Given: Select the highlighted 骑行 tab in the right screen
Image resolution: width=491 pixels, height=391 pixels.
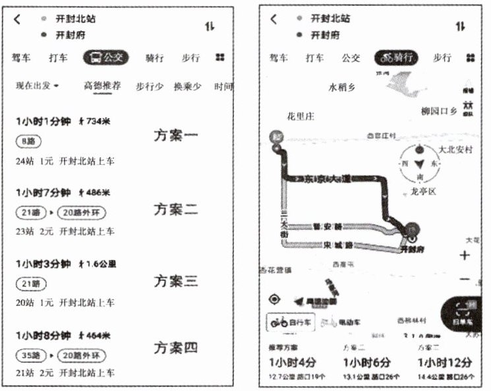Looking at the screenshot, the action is click(x=397, y=57).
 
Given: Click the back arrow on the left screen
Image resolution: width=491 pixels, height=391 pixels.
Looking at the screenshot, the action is click(x=17, y=19).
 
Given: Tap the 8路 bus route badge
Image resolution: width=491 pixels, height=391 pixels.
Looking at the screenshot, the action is click(x=26, y=142).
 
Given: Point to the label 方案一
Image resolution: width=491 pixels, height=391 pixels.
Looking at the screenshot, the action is click(x=175, y=136).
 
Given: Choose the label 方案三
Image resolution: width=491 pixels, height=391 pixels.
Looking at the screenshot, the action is click(x=175, y=281).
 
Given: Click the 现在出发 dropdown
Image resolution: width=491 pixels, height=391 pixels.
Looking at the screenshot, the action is click(x=38, y=86).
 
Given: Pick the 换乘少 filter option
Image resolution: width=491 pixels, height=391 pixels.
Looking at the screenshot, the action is click(x=188, y=86).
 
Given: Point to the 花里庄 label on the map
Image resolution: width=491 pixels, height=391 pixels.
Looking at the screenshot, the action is click(x=301, y=117).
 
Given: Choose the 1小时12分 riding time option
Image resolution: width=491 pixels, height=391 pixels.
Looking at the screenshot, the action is click(x=446, y=362).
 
